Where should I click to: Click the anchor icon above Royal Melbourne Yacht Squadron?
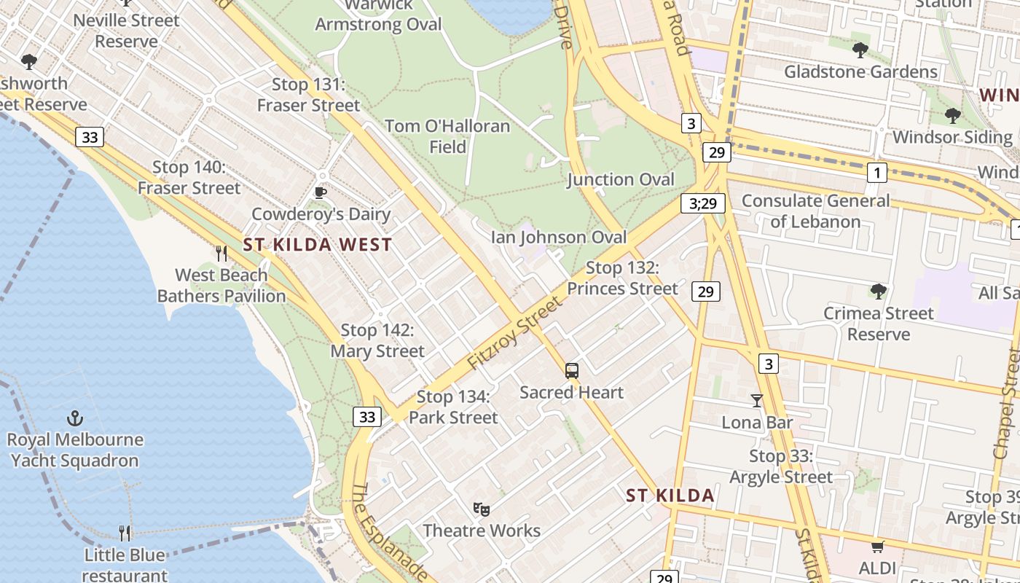[x=74, y=418]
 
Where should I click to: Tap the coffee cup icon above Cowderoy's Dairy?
[x=320, y=192]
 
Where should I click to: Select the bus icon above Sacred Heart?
[x=572, y=370]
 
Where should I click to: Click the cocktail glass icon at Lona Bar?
[x=757, y=400]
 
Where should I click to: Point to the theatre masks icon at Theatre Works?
[x=481, y=509]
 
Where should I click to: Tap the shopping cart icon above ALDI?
[x=877, y=547]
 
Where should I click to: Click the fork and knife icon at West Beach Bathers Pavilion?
[x=221, y=253]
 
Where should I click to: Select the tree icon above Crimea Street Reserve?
[x=879, y=291]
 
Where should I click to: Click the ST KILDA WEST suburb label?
[x=318, y=245]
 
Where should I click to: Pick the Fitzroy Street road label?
[x=516, y=332]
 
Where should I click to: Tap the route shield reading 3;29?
[x=703, y=203]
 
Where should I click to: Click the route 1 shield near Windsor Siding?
[x=876, y=173]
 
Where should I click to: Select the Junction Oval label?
[x=621, y=179]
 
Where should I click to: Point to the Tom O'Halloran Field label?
[x=447, y=136]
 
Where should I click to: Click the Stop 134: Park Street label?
[x=453, y=407]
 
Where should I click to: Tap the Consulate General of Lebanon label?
[x=815, y=211]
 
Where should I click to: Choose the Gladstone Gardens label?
[x=860, y=71]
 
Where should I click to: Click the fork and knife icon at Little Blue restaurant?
[x=125, y=533]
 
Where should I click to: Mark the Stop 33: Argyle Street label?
[x=780, y=466]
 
